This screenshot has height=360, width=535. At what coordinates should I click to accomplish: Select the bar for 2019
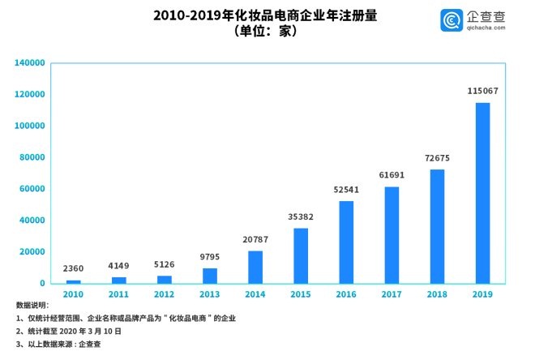click(482, 193)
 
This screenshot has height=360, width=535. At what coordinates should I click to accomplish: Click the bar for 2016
click(346, 242)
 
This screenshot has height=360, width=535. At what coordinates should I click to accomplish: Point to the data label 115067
click(482, 91)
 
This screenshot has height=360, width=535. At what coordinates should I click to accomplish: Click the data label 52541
click(346, 190)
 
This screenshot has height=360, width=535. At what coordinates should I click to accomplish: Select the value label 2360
click(74, 268)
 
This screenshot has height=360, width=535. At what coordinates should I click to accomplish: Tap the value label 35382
click(301, 216)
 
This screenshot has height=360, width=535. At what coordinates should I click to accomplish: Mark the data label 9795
click(210, 257)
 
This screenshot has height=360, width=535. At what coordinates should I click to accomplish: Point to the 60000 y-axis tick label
click(31, 189)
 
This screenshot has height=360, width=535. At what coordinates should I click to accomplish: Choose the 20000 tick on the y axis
click(31, 252)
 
